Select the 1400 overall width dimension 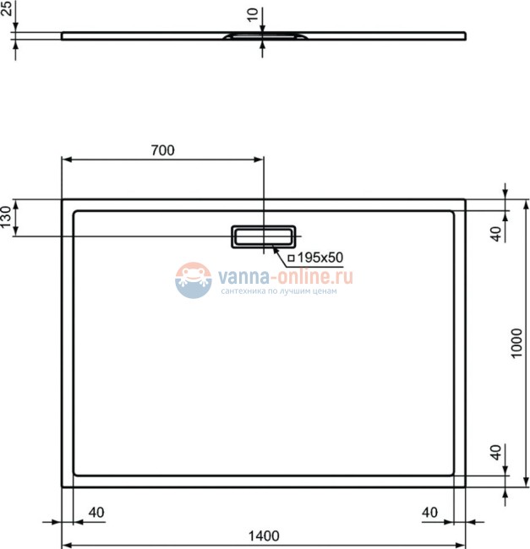click(x=264, y=535)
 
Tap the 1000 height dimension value click(x=518, y=344)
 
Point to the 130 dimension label click(x=7, y=217)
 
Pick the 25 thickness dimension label click(x=7, y=10)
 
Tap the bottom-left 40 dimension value click(x=96, y=512)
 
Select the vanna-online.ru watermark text click(x=286, y=276)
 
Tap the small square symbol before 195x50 click(x=291, y=257)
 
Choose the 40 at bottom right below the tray click(x=429, y=512)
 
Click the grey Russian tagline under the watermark click(x=278, y=291)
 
